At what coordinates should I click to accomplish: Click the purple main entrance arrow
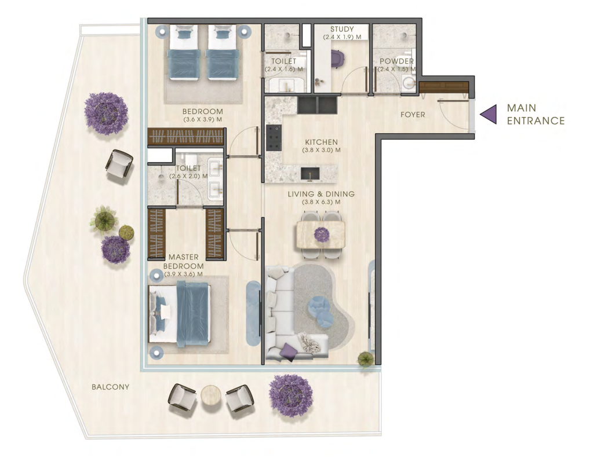tap(489, 113)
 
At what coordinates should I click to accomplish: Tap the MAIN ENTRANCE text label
tap(536, 114)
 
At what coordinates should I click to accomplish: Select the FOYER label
tap(413, 115)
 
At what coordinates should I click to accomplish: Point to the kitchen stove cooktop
tap(274, 138)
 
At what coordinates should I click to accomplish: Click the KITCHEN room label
tap(321, 142)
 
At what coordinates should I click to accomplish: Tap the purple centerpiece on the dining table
tap(321, 235)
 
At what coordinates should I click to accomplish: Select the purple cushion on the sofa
tap(288, 353)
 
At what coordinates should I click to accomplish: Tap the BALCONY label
tap(110, 387)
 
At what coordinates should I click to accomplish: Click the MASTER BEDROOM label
tap(183, 261)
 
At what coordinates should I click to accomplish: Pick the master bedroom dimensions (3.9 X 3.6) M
tap(183, 274)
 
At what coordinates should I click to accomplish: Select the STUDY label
tap(342, 29)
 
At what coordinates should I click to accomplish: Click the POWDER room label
tap(396, 61)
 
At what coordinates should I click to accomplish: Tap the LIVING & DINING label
tap(321, 194)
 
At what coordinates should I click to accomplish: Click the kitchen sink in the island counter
tap(310, 174)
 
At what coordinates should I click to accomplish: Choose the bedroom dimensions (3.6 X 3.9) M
tap(202, 120)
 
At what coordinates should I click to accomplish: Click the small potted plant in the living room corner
tap(365, 360)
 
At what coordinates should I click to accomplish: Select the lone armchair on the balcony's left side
tap(119, 166)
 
